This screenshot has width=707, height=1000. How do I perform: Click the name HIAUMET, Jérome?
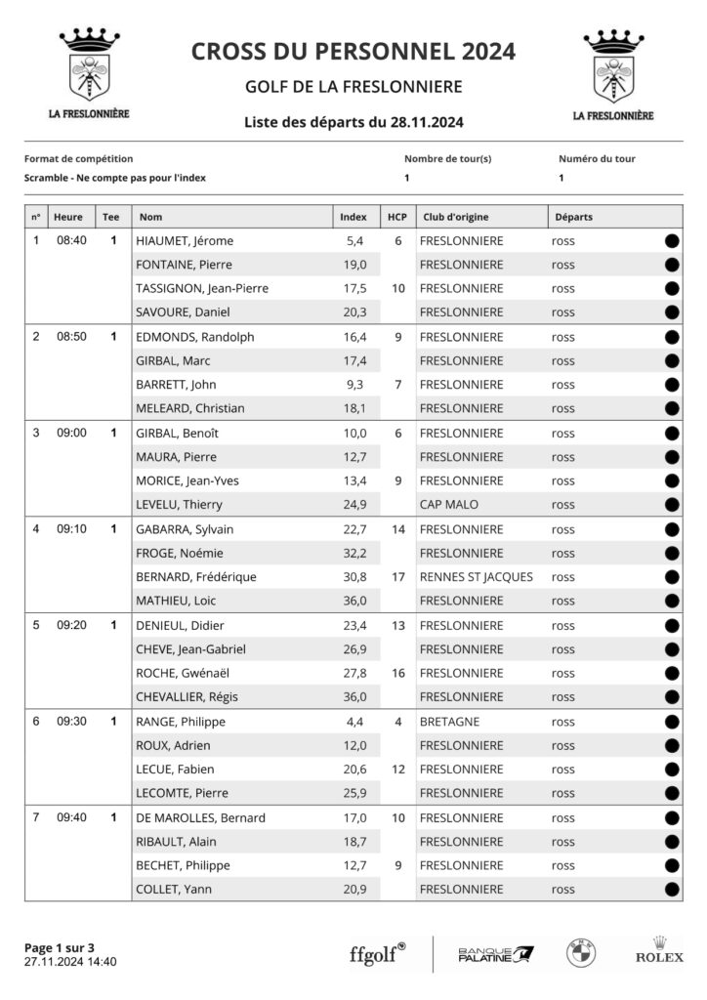pos(185,241)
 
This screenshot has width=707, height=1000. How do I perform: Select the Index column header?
pos(353,217)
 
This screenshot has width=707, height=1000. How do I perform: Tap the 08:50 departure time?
pos(71,337)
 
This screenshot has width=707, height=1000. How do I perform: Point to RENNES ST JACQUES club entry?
pos(476,577)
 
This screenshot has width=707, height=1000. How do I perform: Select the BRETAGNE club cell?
pos(449,722)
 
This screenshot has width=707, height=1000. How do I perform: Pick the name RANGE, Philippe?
pos(181,722)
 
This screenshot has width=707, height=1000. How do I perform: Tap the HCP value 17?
pos(397,577)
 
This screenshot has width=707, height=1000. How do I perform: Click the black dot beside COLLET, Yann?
pos(672,890)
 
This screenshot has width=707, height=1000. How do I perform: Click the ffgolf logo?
pos(377,953)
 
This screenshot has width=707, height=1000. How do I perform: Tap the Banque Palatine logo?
pos(495,954)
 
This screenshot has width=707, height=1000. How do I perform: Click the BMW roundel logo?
pos(581,953)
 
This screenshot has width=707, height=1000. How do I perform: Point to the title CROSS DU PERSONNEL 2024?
pos(353,52)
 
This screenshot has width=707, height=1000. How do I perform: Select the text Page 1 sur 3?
pos(60,947)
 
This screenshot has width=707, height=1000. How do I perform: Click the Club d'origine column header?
pos(454,217)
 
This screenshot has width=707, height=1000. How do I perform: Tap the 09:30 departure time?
pos(71,722)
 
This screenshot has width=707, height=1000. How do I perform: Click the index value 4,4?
pos(355,722)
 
